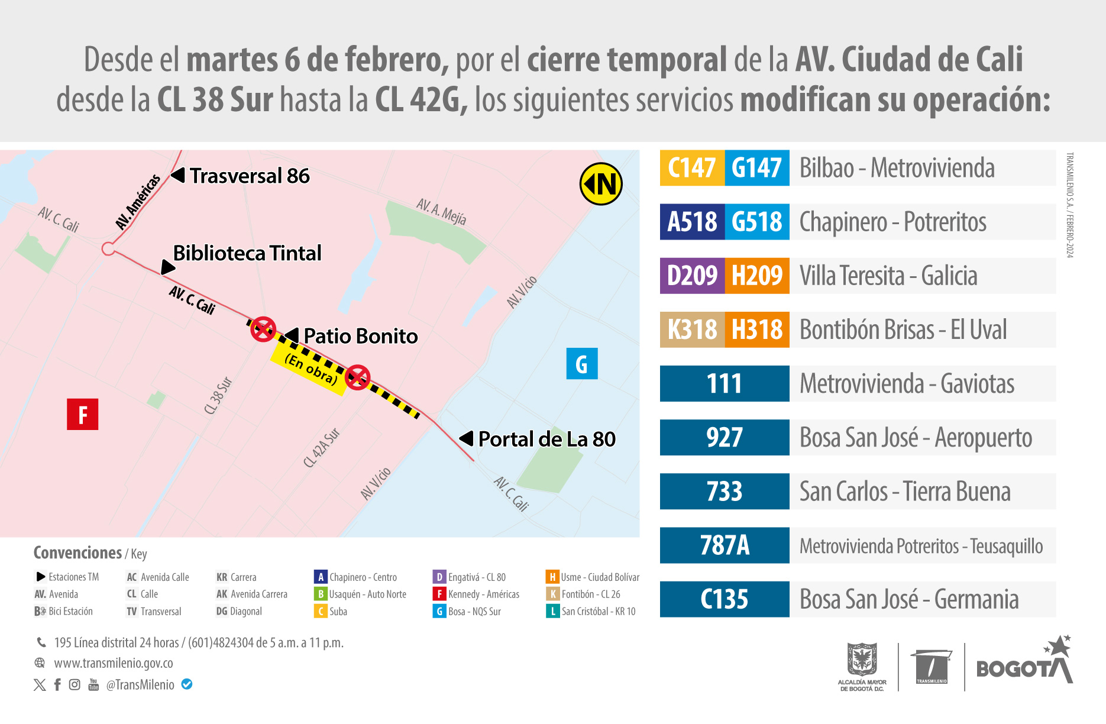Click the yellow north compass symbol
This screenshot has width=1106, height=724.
601,184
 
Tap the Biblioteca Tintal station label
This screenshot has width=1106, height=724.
247,253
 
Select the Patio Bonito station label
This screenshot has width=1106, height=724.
360,336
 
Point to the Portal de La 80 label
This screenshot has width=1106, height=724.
546,439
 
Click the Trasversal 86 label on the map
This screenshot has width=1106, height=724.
249,176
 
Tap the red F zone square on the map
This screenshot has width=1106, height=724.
82,414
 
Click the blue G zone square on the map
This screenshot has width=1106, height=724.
582,363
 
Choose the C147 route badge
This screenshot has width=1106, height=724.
692,168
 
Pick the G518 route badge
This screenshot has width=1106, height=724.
757,222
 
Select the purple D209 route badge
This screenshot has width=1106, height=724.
692,276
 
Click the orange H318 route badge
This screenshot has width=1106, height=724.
757,329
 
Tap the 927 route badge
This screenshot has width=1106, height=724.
725,438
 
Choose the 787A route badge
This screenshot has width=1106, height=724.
725,545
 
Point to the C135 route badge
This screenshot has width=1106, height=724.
725,599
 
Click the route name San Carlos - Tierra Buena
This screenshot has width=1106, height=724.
905,492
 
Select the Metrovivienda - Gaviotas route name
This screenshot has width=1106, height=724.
907,384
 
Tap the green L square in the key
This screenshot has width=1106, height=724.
552,611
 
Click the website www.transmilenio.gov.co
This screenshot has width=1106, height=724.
114,663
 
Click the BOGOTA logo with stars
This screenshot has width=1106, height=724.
1024,663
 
